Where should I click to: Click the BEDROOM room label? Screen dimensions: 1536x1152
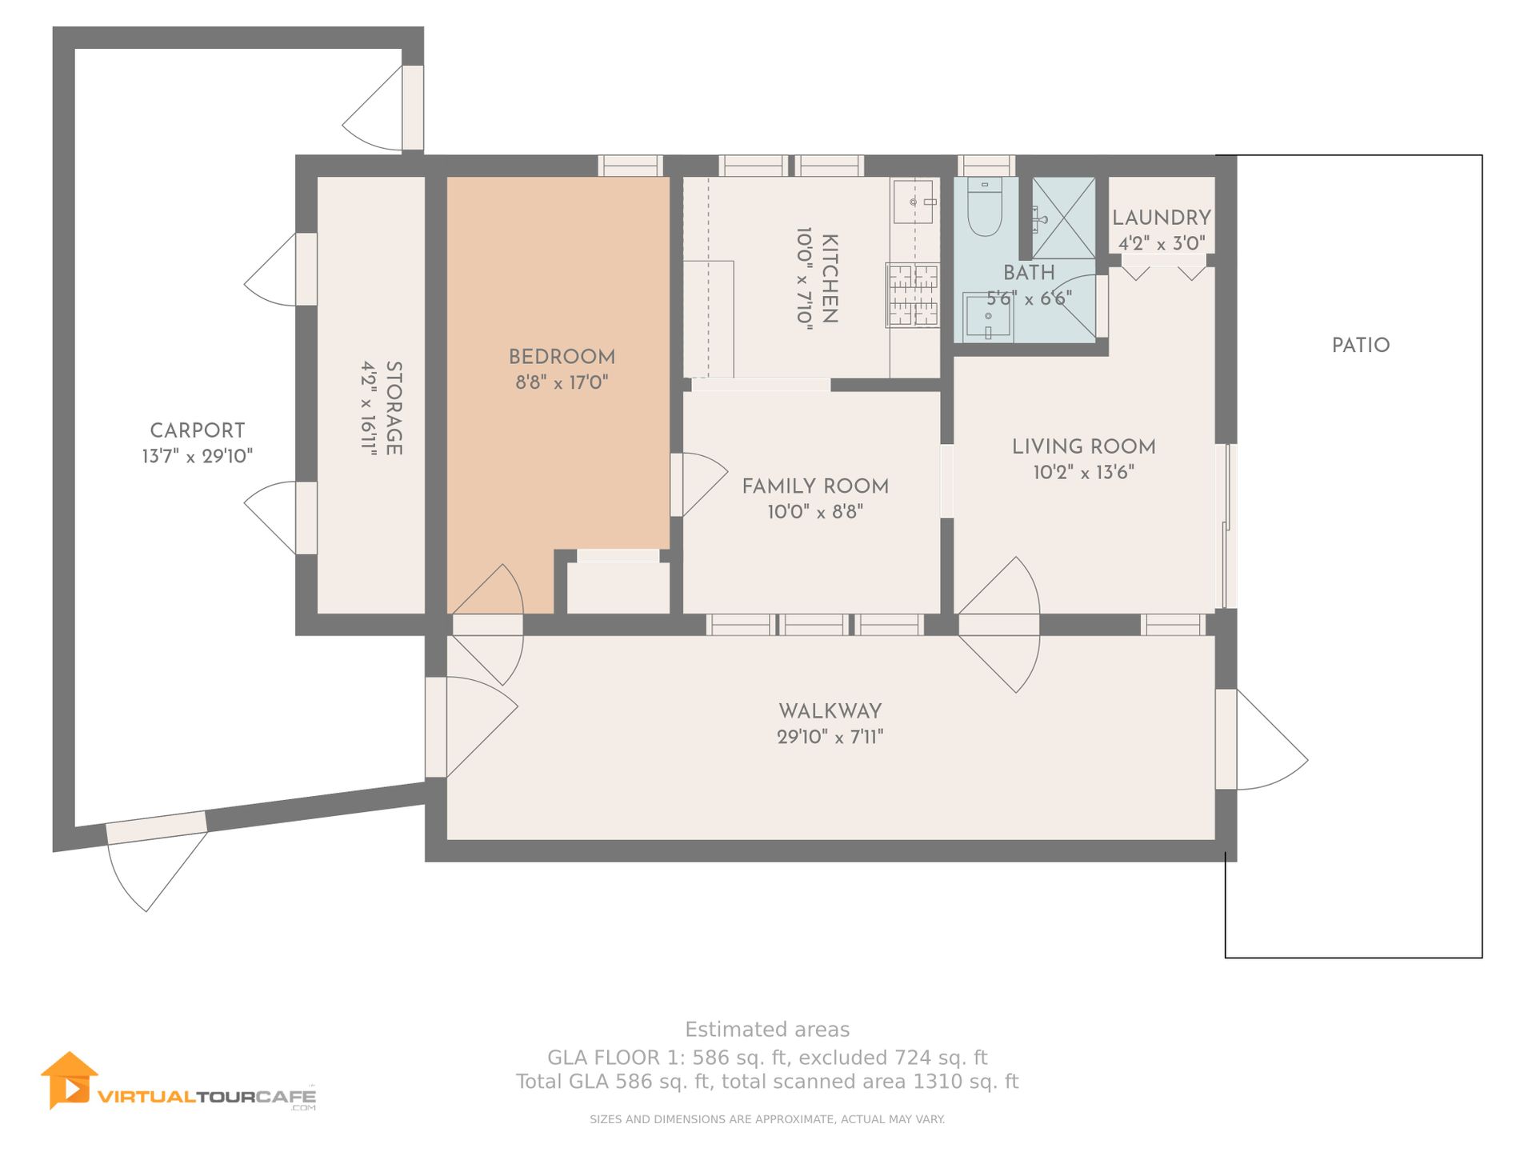(x=562, y=357)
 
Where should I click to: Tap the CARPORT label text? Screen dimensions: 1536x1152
(x=198, y=430)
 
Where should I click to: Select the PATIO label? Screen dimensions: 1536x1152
(x=1361, y=346)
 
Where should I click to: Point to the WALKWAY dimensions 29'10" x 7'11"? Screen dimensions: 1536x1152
(x=830, y=737)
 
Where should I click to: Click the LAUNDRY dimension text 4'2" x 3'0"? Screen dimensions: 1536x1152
(x=1162, y=243)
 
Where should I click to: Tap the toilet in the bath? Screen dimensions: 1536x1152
(x=985, y=206)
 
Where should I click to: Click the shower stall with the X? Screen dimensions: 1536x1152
(x=1063, y=218)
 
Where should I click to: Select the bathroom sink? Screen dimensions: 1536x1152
(x=988, y=317)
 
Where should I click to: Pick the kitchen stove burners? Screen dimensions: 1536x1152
(x=913, y=295)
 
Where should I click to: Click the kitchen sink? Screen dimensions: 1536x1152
(x=914, y=202)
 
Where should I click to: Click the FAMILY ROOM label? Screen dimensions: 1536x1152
(x=815, y=486)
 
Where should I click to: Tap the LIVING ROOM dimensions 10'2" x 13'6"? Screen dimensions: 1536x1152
(x=1083, y=472)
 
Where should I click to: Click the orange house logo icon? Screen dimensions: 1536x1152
(x=70, y=1080)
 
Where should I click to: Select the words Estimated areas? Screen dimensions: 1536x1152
(x=767, y=1030)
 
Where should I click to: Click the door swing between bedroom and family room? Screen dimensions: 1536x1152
(x=698, y=485)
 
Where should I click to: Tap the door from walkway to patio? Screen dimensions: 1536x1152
(x=1262, y=740)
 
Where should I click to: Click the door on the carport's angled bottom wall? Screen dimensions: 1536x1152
(x=157, y=862)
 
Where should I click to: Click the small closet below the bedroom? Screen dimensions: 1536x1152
(x=618, y=588)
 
